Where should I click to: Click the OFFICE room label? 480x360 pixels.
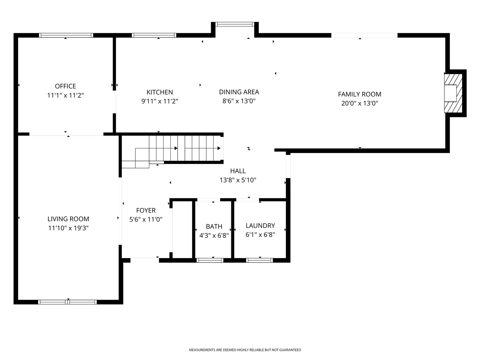tap(65, 86)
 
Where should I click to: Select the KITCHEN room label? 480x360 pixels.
tap(159, 92)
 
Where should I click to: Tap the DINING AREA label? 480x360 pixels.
tap(239, 92)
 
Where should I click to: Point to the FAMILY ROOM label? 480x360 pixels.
tap(359, 94)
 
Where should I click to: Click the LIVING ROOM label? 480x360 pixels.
tap(68, 219)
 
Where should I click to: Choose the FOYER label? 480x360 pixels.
tap(145, 211)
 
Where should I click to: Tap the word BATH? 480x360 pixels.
tap(214, 226)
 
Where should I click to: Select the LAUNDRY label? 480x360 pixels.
tap(260, 226)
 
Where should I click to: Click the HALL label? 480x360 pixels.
tap(238, 171)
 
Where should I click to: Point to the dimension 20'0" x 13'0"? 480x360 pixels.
tap(359, 103)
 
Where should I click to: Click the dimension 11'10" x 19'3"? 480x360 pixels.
tap(68, 228)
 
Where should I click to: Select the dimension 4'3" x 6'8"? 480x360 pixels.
tap(214, 235)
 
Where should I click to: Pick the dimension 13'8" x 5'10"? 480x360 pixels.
tap(238, 180)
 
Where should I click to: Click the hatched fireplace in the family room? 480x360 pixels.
tap(453, 93)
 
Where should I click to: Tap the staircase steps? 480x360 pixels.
tap(184, 148)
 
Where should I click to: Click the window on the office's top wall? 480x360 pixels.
tap(66, 35)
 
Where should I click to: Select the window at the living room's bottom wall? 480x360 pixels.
tap(67, 302)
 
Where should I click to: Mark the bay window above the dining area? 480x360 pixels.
tap(235, 24)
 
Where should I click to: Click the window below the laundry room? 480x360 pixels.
tap(259, 260)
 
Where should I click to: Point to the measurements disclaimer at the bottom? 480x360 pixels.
tap(244, 350)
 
